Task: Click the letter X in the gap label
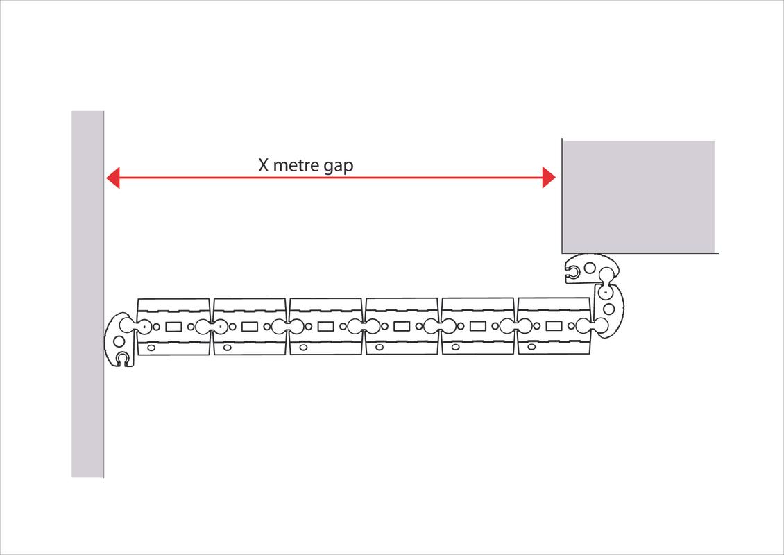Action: [x=264, y=166]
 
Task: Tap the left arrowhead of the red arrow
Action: [x=112, y=178]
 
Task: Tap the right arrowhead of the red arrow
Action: [x=549, y=178]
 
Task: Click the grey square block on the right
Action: [x=638, y=196]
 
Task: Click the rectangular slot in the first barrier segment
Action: [x=173, y=326]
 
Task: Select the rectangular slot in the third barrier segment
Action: [x=325, y=326]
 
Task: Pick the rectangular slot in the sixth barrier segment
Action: [x=554, y=326]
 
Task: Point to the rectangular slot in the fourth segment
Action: [x=402, y=326]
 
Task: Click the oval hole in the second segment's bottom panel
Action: [x=228, y=347]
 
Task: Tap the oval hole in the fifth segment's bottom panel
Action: [x=456, y=347]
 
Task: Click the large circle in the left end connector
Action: [x=119, y=341]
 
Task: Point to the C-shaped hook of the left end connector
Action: [x=123, y=358]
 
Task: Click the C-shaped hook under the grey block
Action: [x=572, y=276]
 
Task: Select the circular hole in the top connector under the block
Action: [x=590, y=268]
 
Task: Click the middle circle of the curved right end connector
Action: [x=608, y=308]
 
